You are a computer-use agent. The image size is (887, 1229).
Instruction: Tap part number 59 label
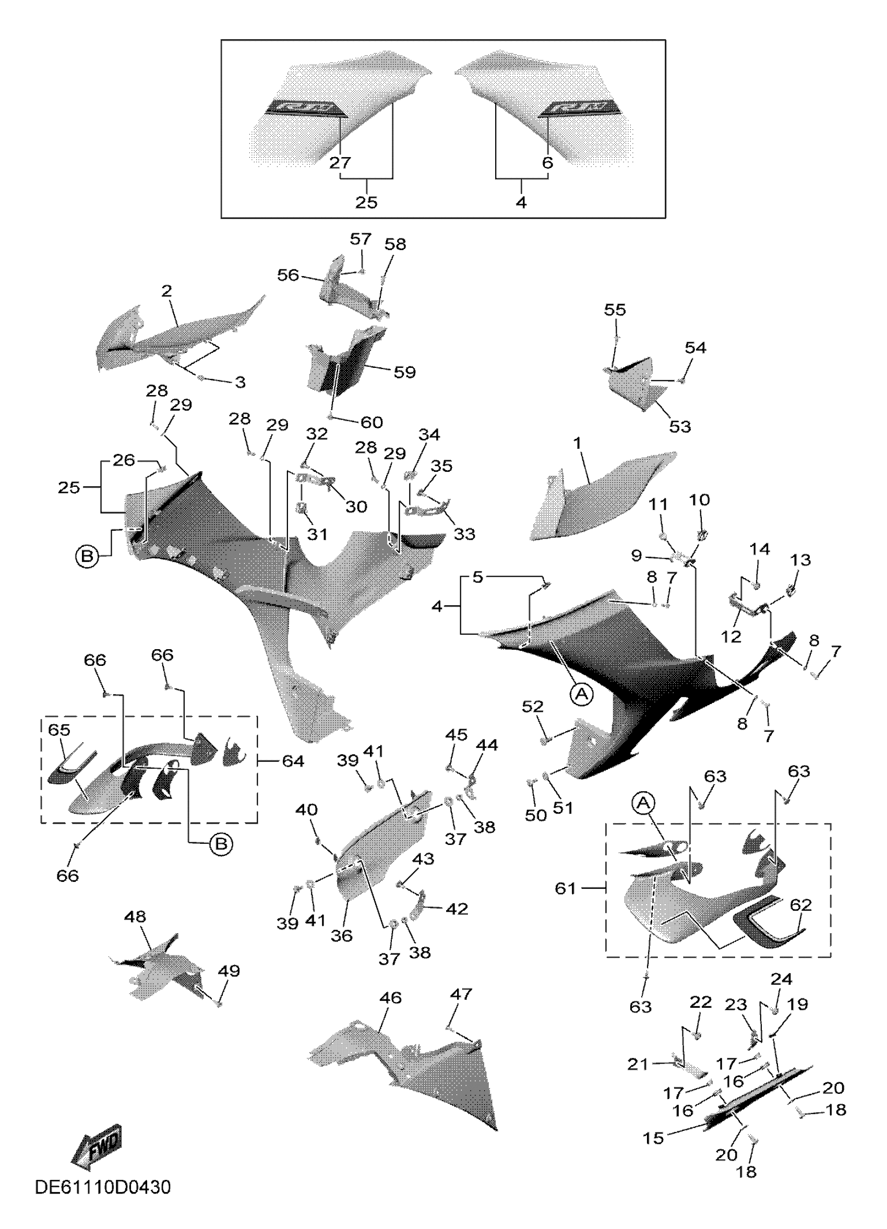point(404,373)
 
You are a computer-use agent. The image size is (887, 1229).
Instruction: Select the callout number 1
point(577,443)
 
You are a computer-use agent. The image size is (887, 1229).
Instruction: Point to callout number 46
point(390,998)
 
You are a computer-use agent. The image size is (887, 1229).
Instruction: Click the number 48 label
point(135,917)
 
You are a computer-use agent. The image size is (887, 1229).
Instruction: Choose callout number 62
point(801,905)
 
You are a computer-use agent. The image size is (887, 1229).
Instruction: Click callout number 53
point(680,427)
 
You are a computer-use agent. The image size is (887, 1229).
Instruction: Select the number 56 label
point(287,275)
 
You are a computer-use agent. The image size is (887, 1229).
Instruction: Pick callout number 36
point(341,936)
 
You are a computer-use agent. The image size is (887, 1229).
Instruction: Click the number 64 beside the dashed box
point(293,761)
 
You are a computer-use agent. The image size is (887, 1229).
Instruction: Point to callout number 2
point(166,291)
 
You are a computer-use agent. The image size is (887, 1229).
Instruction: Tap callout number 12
point(731,636)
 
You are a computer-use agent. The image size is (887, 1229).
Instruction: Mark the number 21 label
point(638,1064)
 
